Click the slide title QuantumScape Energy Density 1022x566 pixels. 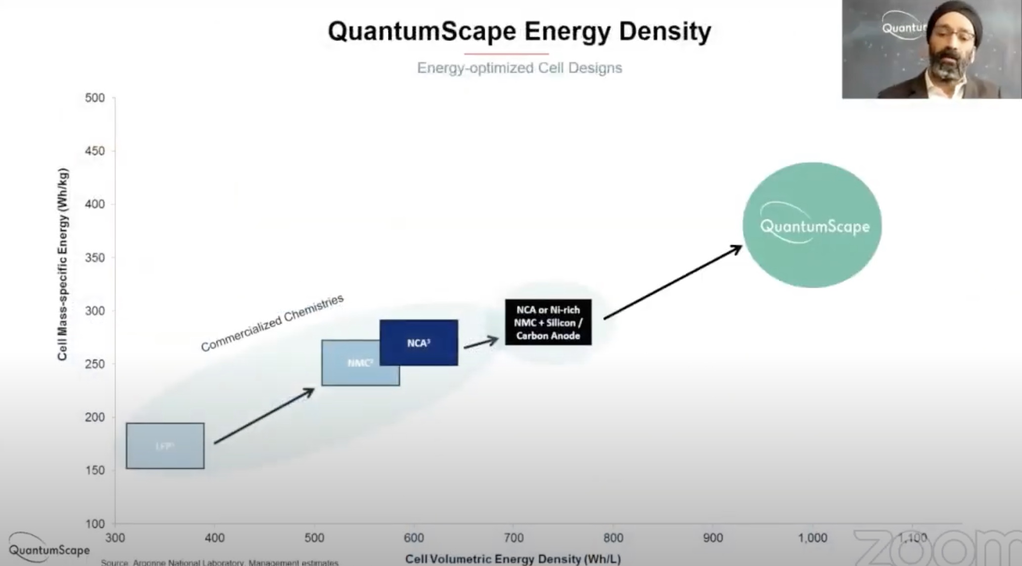(x=519, y=32)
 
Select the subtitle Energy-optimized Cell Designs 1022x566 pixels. (x=519, y=68)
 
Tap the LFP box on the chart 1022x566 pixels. (x=165, y=445)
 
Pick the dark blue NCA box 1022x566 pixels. (x=419, y=343)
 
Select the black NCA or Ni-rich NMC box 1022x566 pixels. (x=548, y=323)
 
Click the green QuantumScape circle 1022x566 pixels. (x=812, y=225)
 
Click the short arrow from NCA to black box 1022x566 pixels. (x=481, y=342)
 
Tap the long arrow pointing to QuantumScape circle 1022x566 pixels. (x=672, y=283)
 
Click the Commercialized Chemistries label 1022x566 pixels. (x=272, y=323)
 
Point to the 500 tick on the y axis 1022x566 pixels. (x=95, y=98)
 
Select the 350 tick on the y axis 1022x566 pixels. (x=95, y=258)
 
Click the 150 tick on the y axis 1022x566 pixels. (x=95, y=471)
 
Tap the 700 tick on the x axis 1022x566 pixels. (x=513, y=538)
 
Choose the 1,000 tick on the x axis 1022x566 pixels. (x=812, y=538)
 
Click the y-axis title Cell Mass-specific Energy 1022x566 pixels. (x=62, y=265)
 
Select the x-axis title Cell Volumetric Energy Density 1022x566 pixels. (x=512, y=559)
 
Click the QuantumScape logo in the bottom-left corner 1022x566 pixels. (x=49, y=547)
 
